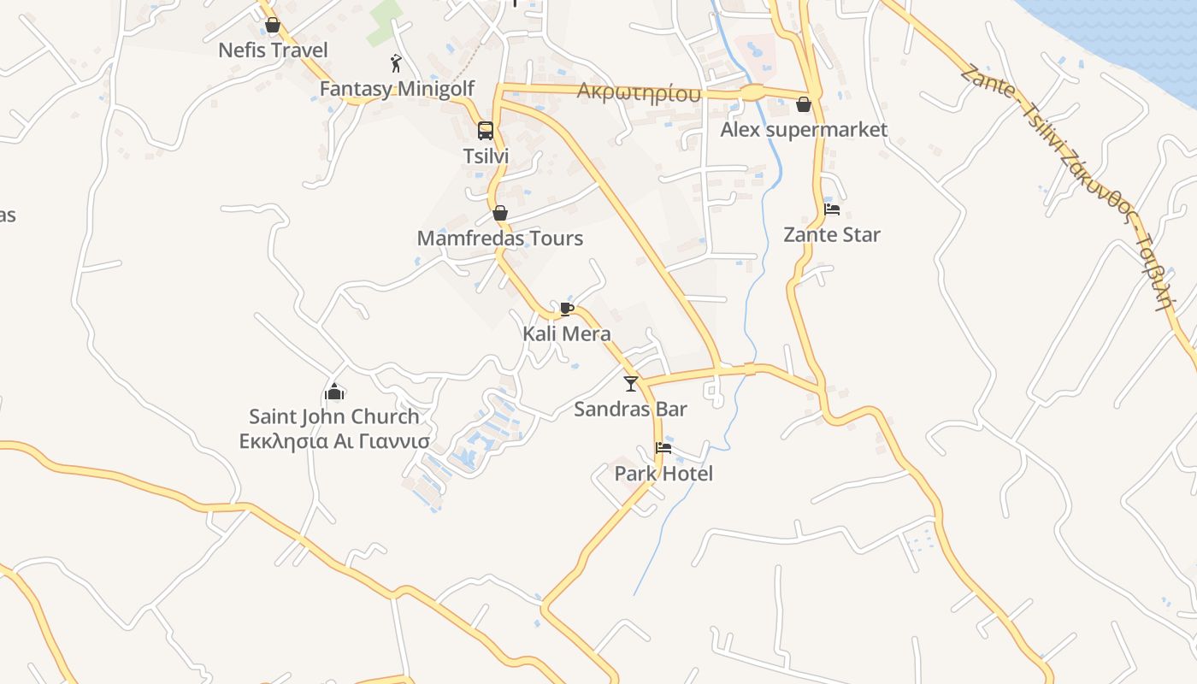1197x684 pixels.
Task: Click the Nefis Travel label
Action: pyautogui.click(x=273, y=50)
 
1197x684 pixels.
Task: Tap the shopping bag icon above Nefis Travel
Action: pyautogui.click(x=273, y=25)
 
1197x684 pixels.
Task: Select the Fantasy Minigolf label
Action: pyautogui.click(x=397, y=89)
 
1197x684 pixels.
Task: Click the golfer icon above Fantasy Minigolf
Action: pyautogui.click(x=396, y=63)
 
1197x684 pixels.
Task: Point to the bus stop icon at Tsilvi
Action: pyautogui.click(x=486, y=131)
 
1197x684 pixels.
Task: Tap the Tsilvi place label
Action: pyautogui.click(x=486, y=156)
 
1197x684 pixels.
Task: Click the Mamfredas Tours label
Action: pyautogui.click(x=500, y=239)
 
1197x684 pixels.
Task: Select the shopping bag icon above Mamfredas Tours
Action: pyautogui.click(x=500, y=213)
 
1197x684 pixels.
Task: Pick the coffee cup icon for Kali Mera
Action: pyautogui.click(x=566, y=309)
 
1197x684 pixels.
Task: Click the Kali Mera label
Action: pyautogui.click(x=567, y=333)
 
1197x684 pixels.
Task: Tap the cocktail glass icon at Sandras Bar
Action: pyautogui.click(x=631, y=383)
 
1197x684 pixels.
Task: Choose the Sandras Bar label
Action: pyautogui.click(x=630, y=409)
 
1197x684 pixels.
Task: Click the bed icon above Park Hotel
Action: pyautogui.click(x=663, y=448)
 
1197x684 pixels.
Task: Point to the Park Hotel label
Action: pyautogui.click(x=663, y=474)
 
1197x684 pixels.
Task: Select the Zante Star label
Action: pyautogui.click(x=832, y=234)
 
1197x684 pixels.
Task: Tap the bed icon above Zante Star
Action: pyautogui.click(x=832, y=209)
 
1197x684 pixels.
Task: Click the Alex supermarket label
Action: pyautogui.click(x=804, y=130)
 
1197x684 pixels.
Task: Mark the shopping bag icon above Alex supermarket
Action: pyautogui.click(x=804, y=105)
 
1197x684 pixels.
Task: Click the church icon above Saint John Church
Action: pyautogui.click(x=334, y=392)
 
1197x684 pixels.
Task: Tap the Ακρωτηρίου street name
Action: pyautogui.click(x=639, y=92)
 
